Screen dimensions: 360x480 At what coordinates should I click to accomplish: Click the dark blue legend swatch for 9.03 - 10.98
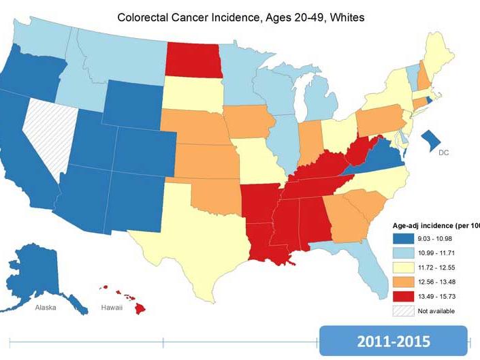[403, 239]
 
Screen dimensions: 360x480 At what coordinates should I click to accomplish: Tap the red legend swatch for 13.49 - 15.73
[403, 296]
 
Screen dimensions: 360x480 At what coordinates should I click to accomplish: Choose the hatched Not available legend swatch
[403, 311]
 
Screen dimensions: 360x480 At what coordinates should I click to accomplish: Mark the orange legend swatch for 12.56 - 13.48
[403, 282]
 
